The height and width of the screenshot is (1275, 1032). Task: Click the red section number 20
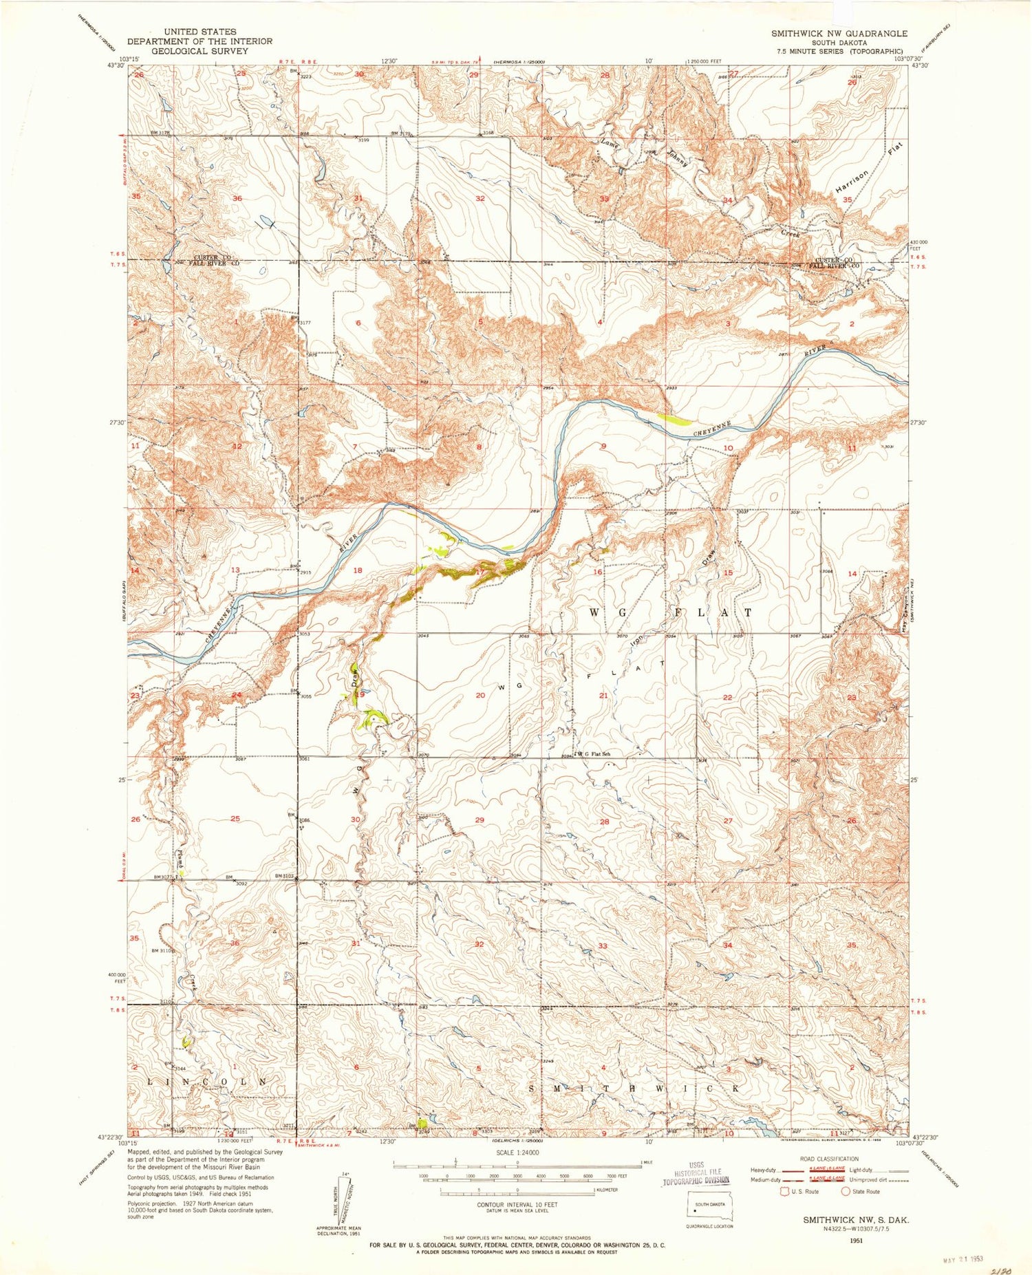(x=480, y=696)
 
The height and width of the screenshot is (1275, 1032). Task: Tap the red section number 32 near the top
(x=480, y=199)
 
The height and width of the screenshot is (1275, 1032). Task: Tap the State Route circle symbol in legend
(x=845, y=1191)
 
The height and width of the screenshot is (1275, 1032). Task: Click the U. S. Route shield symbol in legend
(x=784, y=1191)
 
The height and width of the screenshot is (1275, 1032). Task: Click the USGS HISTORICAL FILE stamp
(x=695, y=1177)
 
